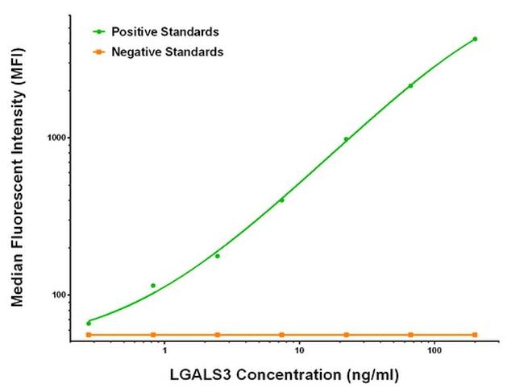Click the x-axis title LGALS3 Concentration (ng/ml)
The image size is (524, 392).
tap(284, 375)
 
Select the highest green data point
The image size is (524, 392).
tap(475, 39)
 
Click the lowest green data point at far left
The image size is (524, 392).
tap(89, 324)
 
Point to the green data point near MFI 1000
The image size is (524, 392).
tap(347, 139)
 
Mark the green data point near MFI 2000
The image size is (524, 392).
tap(410, 85)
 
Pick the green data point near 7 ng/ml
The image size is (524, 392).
tap(281, 200)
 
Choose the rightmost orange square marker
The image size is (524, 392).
tap(475, 335)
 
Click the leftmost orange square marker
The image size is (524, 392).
tap(89, 335)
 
